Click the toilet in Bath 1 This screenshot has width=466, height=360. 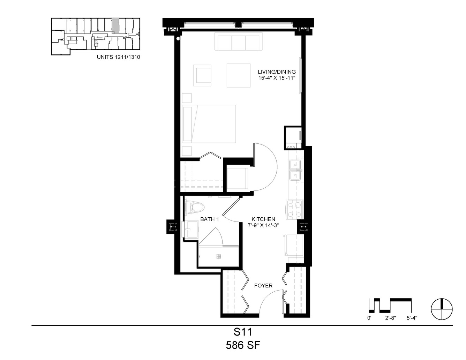(x=194, y=207)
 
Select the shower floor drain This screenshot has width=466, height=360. (x=219, y=256)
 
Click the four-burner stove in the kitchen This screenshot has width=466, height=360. (x=295, y=210)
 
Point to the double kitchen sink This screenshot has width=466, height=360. (x=295, y=170)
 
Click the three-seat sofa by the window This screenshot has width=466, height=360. (x=239, y=42)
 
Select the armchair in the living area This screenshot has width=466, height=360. (x=202, y=75)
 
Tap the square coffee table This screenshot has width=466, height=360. (x=239, y=75)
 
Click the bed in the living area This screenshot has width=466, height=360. (x=209, y=124)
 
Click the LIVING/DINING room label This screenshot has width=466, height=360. (x=277, y=72)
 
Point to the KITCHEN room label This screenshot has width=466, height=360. (x=263, y=219)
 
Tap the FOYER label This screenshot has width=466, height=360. (x=263, y=286)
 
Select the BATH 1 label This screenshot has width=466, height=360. (x=210, y=219)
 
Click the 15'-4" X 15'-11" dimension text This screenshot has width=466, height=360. (x=277, y=78)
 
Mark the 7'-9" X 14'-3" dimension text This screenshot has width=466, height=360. (x=263, y=225)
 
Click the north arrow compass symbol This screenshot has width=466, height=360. (x=442, y=309)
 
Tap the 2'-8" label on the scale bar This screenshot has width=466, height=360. (x=390, y=318)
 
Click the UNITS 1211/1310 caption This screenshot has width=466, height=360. (x=118, y=57)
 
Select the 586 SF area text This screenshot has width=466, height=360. (x=243, y=345)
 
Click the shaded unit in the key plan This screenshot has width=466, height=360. (x=115, y=26)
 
